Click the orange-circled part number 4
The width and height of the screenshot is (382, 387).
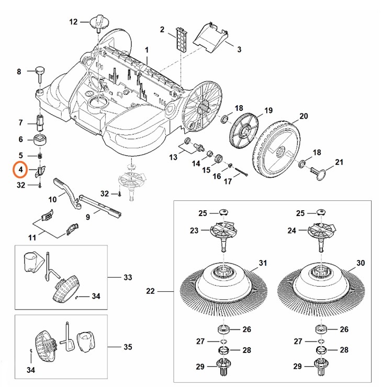pyautogui.click(x=20, y=170)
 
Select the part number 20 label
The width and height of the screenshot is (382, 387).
pyautogui.click(x=304, y=116)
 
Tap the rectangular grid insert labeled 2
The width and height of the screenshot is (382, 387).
pyautogui.click(x=180, y=38)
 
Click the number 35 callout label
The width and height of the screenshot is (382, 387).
pyautogui.click(x=128, y=347)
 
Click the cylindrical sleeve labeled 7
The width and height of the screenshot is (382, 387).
pyautogui.click(x=40, y=124)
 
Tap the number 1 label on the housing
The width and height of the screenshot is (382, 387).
pyautogui.click(x=147, y=49)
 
